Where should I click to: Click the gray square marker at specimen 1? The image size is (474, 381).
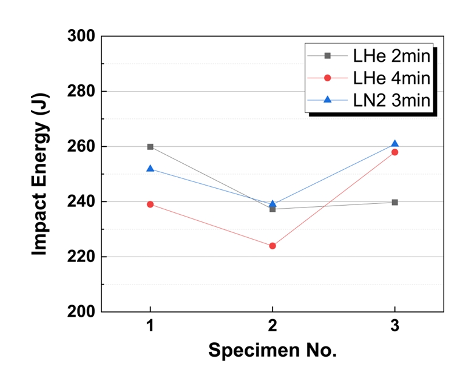tap(150, 147)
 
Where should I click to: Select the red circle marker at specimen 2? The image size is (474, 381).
tap(273, 246)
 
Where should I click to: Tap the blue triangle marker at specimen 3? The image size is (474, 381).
tap(394, 144)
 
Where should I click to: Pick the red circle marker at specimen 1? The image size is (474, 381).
tap(150, 204)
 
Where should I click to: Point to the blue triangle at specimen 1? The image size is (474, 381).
tap(150, 169)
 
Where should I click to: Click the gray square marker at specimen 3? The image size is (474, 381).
tap(394, 202)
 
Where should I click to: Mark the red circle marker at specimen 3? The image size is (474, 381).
tap(394, 152)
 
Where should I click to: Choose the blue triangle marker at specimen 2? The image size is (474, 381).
tap(273, 204)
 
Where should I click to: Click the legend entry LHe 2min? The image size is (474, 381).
tap(391, 56)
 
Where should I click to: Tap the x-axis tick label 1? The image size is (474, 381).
tap(150, 327)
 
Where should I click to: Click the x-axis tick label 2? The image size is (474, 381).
tap(273, 327)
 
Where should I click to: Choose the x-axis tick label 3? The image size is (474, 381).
tap(394, 327)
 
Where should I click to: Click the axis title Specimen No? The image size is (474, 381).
tap(273, 351)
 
